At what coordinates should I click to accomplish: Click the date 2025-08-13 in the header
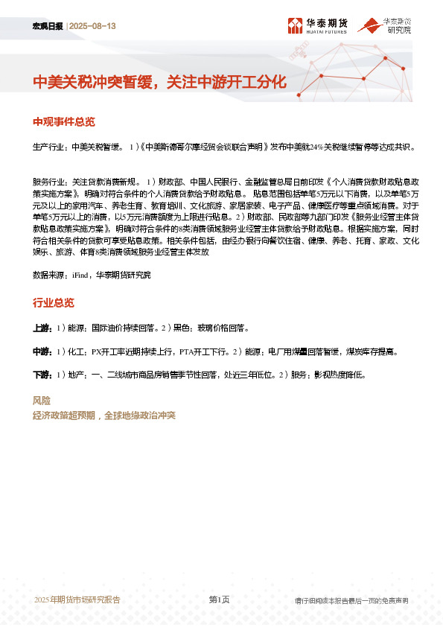pos(93,26)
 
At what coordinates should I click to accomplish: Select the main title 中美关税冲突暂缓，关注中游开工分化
pos(159,82)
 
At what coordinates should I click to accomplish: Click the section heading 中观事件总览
pos(64,121)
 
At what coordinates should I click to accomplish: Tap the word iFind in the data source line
pos(80,275)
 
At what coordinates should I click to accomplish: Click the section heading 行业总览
pos(54,302)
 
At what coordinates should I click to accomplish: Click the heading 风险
pos(42,401)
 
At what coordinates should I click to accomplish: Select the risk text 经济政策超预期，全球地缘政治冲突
pos(104,416)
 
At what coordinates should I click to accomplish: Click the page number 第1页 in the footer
pos(219,599)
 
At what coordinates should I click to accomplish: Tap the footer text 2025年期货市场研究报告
pos(77,599)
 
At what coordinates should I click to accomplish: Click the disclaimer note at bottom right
pos(351,600)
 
